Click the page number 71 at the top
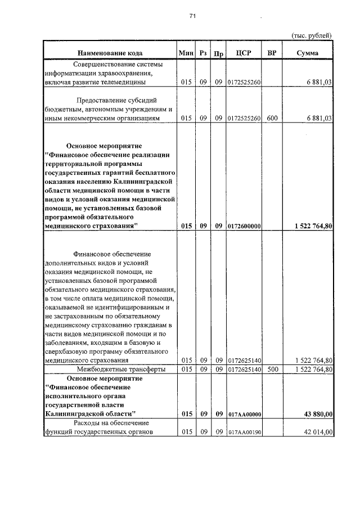(192, 17)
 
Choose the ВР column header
(272, 53)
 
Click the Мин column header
(186, 53)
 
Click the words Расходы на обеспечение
(110, 422)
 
